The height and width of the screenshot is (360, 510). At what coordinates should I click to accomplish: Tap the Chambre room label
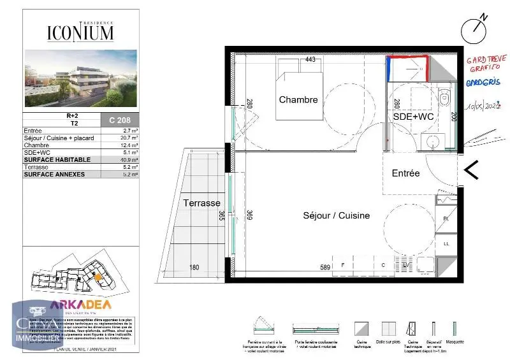click(x=298, y=100)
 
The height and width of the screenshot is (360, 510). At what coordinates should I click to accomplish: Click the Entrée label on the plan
click(x=405, y=173)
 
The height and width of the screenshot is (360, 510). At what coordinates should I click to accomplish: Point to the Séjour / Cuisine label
click(x=336, y=215)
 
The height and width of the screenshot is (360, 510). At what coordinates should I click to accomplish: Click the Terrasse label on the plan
click(x=201, y=202)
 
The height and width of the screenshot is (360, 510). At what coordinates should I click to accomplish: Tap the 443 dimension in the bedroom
click(x=310, y=60)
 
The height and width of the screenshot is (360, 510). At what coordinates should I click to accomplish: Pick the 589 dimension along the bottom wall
click(x=325, y=268)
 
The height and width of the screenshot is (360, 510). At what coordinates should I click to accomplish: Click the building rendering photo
click(x=80, y=78)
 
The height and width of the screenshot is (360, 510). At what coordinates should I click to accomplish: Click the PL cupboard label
click(x=446, y=219)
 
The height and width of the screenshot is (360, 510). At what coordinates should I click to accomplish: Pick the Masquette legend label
click(x=455, y=342)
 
